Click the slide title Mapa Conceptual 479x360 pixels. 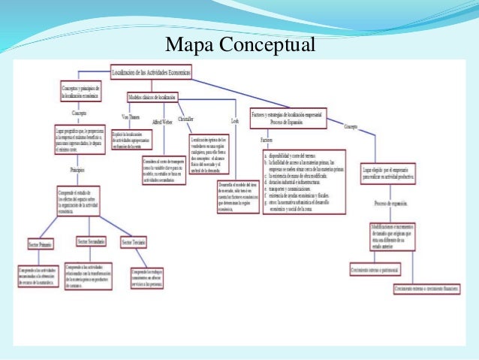click(x=240, y=45)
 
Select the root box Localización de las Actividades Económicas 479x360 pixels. click(x=151, y=72)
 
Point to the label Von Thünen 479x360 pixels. click(x=131, y=117)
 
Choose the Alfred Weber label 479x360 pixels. click(x=163, y=121)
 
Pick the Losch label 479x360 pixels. click(x=235, y=121)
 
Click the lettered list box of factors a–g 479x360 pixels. click(x=303, y=181)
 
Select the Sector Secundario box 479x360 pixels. click(x=90, y=241)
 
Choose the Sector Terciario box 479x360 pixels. click(x=133, y=242)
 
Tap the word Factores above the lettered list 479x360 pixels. click(x=267, y=141)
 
